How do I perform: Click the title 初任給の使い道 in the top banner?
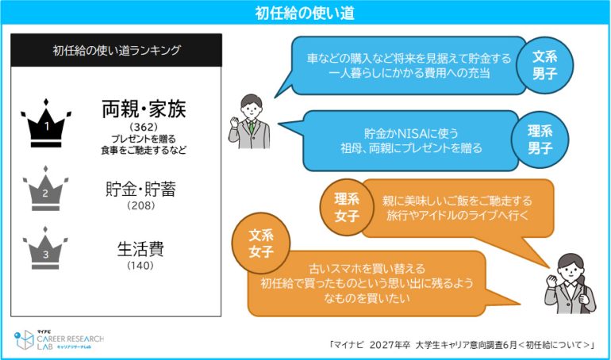tap(305, 13)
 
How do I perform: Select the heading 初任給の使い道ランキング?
tap(117, 50)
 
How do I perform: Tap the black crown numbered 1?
tap(46, 123)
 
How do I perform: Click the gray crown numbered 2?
tap(45, 189)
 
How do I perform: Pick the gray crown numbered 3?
tap(45, 248)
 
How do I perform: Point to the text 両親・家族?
tap(144, 109)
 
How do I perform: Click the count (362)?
tap(144, 127)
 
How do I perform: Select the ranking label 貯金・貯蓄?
tap(140, 190)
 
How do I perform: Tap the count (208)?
tap(141, 205)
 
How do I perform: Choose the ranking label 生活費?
tap(140, 249)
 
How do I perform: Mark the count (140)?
tap(140, 266)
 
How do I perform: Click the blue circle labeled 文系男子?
tap(545, 65)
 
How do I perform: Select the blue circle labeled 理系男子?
tap(540, 140)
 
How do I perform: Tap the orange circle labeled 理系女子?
tap(347, 207)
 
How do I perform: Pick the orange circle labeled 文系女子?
tap(261, 243)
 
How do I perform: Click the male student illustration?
tap(249, 121)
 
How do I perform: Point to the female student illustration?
tap(571, 284)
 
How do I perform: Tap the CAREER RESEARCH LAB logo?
tap(59, 339)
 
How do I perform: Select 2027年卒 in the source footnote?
tap(390, 345)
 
